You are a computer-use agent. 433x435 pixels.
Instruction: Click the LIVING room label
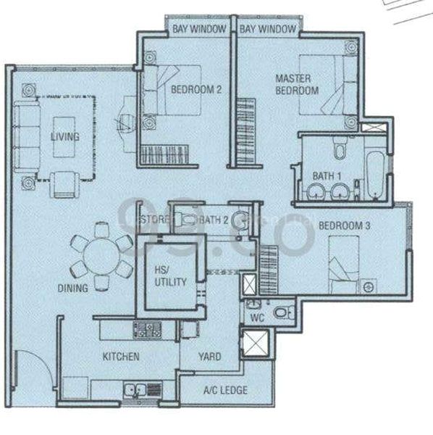[64, 136]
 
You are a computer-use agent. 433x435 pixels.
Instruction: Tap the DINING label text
[73, 288]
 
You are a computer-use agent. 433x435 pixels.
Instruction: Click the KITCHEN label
[120, 357]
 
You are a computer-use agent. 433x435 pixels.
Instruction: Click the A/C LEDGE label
[226, 390]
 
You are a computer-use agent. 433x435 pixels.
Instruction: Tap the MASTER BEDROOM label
[296, 84]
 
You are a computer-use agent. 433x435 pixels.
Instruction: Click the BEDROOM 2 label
[196, 90]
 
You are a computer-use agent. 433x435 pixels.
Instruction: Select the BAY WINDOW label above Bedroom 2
[199, 29]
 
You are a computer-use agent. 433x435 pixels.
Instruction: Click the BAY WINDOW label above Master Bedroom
[267, 29]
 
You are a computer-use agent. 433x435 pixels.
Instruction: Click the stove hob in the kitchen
[147, 330]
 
